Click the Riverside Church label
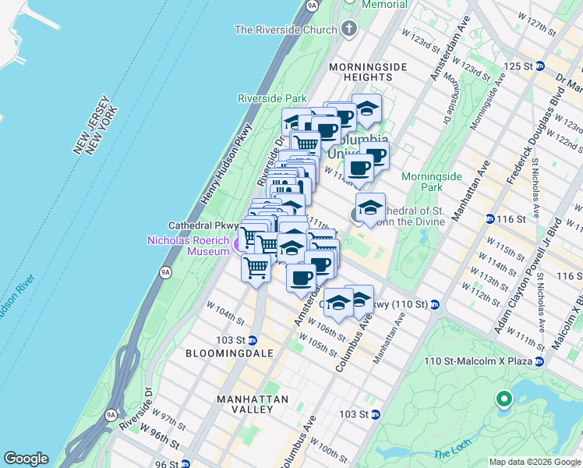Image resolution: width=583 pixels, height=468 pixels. (x=285, y=30)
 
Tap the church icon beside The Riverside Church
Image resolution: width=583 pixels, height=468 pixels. (x=348, y=30)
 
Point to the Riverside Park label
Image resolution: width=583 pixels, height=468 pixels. (x=272, y=99)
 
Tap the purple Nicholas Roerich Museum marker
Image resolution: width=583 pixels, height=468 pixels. (x=239, y=246)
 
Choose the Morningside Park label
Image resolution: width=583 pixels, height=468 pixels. (x=432, y=182)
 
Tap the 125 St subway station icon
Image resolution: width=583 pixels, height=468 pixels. (x=539, y=66)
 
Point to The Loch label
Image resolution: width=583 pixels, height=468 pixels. (x=452, y=454)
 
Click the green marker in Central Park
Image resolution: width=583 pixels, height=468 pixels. (x=503, y=400)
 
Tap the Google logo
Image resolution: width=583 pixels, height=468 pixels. (x=26, y=459)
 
